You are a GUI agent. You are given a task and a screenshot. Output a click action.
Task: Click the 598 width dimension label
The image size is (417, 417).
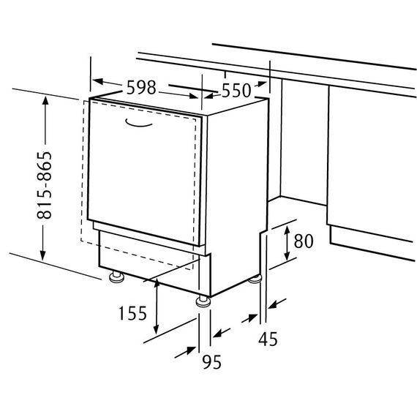pos(141,88)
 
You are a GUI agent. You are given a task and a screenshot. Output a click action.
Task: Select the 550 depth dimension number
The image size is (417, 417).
pos(236,91)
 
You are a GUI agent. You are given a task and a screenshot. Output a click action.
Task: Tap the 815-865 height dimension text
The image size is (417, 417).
pos(44,185)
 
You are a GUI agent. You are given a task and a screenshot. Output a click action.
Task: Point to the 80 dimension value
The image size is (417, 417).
pos(304,241)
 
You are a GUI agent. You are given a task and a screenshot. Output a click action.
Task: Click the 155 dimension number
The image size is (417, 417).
pos(132,313)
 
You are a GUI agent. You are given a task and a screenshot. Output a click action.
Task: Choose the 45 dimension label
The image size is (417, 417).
pos(268,339)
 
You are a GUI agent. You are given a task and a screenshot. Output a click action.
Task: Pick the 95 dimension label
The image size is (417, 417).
pos(211,362)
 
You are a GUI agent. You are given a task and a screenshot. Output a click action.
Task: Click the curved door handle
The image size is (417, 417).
pos(138,123)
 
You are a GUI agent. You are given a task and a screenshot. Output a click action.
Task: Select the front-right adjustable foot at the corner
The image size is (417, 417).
pos(203,301)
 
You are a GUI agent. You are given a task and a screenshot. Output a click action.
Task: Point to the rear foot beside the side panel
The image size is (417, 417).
pos(255,279)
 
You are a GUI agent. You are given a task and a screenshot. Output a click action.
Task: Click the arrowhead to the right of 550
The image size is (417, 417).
pos(261,84)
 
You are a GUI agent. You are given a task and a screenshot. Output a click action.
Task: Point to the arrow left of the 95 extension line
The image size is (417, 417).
pos(185,352)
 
